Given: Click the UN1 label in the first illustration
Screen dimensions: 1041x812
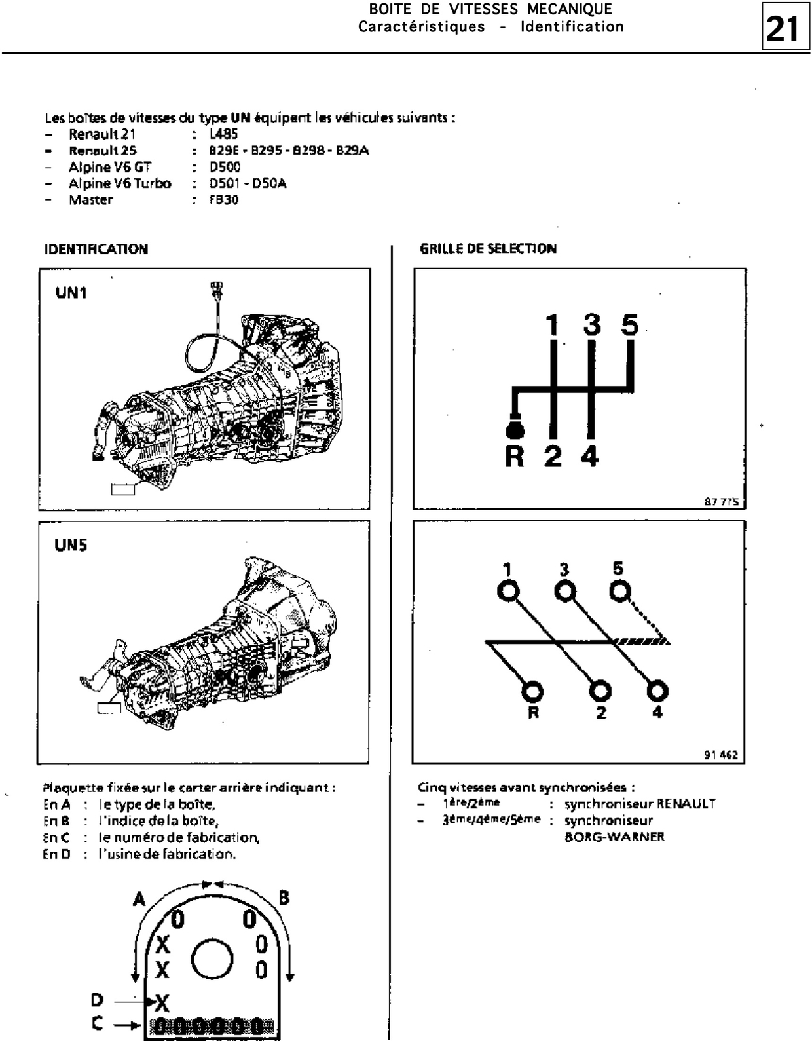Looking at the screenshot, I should (x=71, y=292).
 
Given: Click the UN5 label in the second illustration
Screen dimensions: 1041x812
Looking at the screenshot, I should (x=71, y=545).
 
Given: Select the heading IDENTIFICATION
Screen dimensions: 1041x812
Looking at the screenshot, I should (x=96, y=249).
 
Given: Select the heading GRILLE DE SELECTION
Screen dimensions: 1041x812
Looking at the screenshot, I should (x=488, y=248).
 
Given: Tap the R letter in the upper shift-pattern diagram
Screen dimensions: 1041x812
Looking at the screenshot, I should (x=515, y=457).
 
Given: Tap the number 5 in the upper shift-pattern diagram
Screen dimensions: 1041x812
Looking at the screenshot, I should (x=629, y=324).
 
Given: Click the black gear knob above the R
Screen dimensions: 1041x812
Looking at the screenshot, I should (x=515, y=430).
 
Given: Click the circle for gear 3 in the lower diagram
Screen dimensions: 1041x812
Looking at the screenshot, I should (x=565, y=592).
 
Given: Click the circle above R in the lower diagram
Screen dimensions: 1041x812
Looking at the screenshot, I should (x=532, y=691).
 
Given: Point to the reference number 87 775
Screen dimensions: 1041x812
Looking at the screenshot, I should (x=722, y=502).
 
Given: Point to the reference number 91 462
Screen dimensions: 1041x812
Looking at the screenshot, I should (x=721, y=755).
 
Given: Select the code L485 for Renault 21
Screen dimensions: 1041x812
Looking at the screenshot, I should (x=224, y=134).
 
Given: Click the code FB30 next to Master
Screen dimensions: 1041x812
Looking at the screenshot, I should (x=224, y=200).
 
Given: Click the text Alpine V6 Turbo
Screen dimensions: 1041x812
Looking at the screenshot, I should (x=120, y=183).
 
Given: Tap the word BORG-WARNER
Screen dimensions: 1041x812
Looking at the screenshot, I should (x=614, y=837).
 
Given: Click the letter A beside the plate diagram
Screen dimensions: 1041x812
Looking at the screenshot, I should (x=139, y=899).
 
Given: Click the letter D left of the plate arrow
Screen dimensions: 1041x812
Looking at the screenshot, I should (x=97, y=1000).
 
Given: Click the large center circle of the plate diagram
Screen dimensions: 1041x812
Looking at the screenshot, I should (x=212, y=958).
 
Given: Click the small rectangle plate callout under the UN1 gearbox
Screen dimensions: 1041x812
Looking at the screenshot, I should (x=123, y=489).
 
